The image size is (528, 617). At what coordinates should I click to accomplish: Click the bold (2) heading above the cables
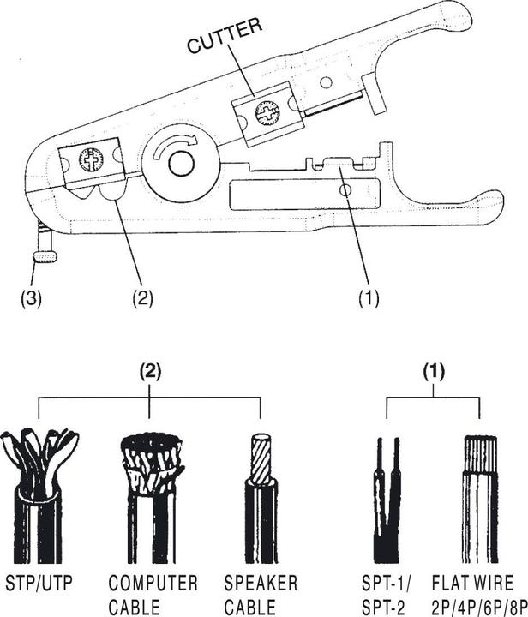151,374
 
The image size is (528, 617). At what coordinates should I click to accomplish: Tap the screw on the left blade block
90,159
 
